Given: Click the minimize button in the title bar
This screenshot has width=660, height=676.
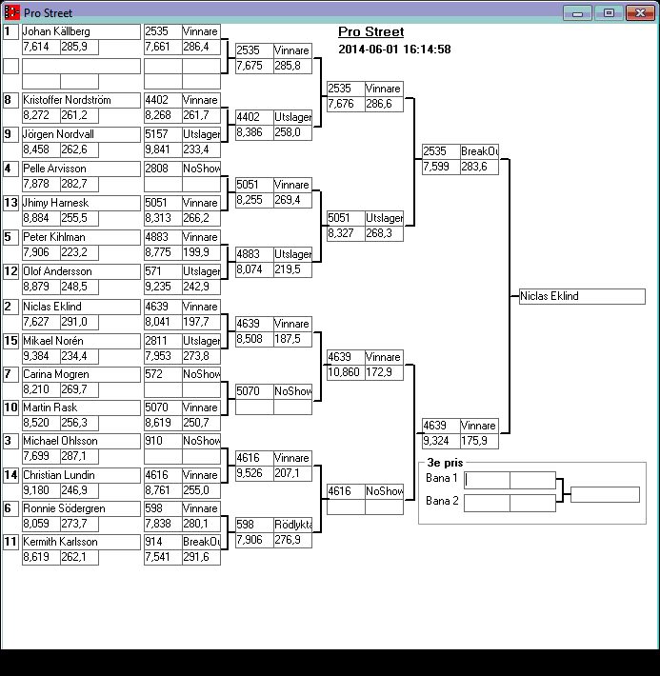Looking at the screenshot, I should [576, 12].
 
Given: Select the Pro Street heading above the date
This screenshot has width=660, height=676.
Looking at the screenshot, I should [370, 32].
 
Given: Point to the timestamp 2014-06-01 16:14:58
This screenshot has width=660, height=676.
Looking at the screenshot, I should [394, 50].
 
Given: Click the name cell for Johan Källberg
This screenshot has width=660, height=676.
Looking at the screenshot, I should [80, 31].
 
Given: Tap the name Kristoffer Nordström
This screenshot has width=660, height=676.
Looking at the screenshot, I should [80, 100].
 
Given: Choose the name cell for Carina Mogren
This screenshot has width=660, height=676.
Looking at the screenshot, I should [80, 374].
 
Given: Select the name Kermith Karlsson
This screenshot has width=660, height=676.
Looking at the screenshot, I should [80, 542].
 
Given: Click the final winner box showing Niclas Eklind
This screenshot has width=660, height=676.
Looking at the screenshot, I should [582, 296].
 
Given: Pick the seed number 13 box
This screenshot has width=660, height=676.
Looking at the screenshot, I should [10, 203].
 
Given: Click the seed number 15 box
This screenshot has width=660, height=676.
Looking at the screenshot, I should [10, 341].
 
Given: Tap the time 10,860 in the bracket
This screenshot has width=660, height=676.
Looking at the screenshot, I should [344, 372].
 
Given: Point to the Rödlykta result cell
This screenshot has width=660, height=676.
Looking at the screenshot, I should [292, 525].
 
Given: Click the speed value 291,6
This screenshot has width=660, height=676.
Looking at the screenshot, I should [201, 557].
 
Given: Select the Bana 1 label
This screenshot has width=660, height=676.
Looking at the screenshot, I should [441, 478].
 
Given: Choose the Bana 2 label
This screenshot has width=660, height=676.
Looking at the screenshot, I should [441, 501].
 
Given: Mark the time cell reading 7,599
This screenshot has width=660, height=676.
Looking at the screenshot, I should [440, 167].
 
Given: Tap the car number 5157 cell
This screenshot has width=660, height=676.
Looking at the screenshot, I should [163, 134].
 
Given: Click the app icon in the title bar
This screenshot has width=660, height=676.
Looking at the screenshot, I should [11, 12].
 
